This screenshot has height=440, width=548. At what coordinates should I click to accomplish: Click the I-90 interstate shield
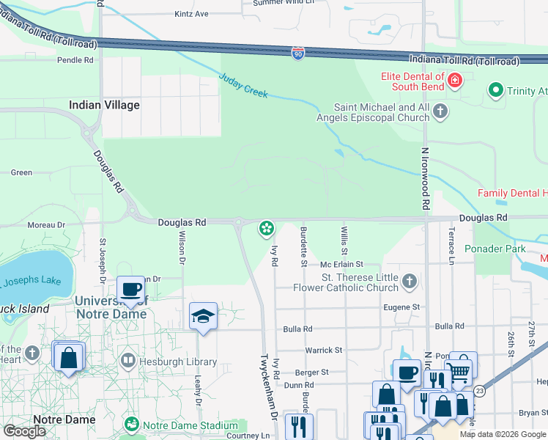coord(297,54)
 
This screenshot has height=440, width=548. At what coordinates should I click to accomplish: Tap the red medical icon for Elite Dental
coord(455,80)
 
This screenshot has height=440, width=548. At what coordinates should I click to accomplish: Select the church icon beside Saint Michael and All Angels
coord(440,111)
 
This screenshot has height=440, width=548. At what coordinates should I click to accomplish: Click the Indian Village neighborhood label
coord(104,105)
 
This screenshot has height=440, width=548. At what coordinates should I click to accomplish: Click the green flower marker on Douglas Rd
coord(267,229)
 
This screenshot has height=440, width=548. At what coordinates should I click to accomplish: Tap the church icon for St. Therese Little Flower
coord(410,282)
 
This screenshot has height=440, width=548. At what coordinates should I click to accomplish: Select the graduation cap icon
coord(203,315)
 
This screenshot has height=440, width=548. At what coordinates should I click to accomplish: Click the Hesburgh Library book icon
coord(128,362)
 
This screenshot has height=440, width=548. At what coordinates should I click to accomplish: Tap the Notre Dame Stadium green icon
coord(132,425)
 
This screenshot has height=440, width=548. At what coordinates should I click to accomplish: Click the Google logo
coord(24,430)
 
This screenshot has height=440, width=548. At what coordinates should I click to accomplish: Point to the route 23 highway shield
coord(479,392)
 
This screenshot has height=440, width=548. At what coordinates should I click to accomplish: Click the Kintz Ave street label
coord(191,14)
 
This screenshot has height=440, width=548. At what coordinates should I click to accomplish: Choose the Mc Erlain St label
coord(341,264)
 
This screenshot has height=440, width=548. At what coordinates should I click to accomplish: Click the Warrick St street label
coord(324,351)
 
